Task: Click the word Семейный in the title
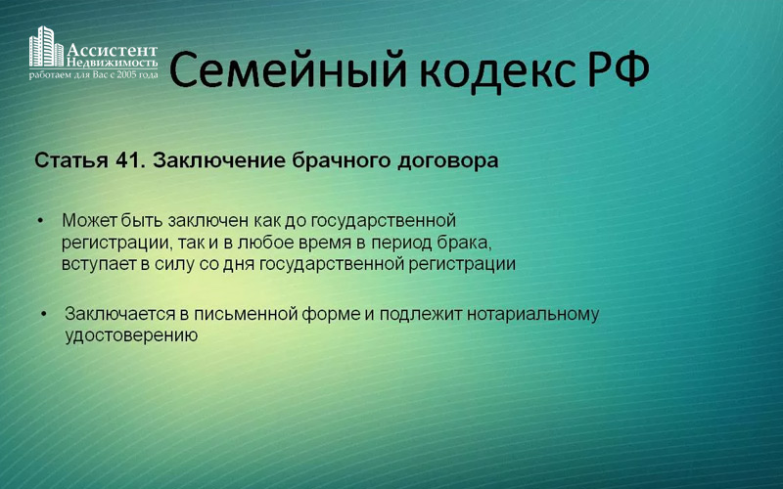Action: [289, 69]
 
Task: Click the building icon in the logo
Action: [46, 46]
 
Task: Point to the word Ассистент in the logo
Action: [112, 51]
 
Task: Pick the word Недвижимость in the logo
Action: [112, 63]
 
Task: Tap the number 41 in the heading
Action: [130, 160]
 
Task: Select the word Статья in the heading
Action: [70, 161]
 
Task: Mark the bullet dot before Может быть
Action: [41, 220]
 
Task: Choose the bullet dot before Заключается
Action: [44, 314]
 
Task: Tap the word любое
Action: [262, 243]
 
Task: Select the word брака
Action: [464, 243]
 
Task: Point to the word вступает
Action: [100, 264]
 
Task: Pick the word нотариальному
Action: [532, 315]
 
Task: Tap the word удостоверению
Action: [131, 335]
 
